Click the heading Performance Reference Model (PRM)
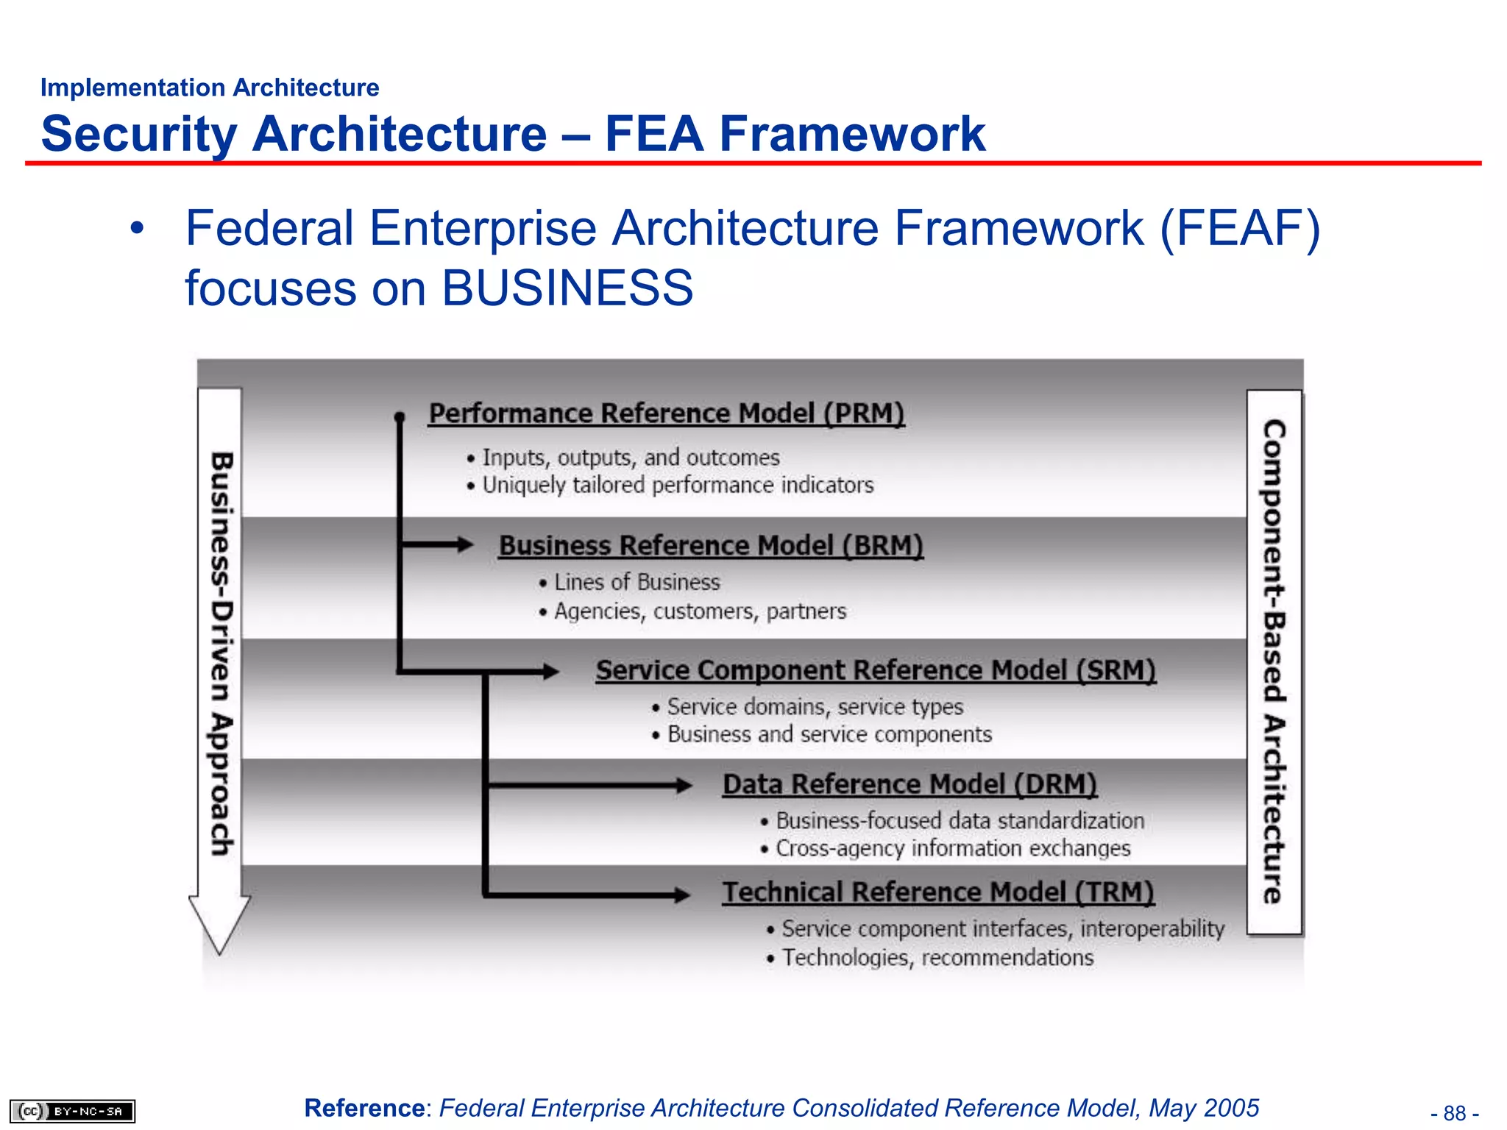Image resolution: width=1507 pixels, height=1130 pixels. pyautogui.click(x=666, y=413)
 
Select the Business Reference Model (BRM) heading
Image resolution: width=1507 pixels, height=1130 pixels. pyautogui.click(x=710, y=546)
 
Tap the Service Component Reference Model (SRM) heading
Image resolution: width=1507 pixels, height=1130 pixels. pyautogui.click(x=876, y=670)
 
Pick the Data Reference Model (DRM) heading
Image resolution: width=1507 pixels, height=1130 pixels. pyautogui.click(x=909, y=784)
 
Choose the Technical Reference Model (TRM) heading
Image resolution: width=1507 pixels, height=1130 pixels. pyautogui.click(x=937, y=892)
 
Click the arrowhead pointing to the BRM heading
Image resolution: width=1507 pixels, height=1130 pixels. pyautogui.click(x=465, y=544)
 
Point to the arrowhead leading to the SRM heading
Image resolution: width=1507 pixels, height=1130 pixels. pyautogui.click(x=550, y=671)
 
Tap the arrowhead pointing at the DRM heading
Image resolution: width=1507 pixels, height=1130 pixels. pyautogui.click(x=684, y=786)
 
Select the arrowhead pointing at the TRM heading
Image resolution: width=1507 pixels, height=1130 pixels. pyautogui.click(x=682, y=895)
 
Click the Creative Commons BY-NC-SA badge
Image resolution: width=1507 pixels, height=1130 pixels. pyautogui.click(x=72, y=1111)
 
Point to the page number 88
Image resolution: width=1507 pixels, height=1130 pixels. pyautogui.click(x=1455, y=1113)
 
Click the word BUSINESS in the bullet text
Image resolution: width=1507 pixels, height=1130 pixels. pyautogui.click(x=567, y=288)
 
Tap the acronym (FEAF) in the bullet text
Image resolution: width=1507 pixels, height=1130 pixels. pyautogui.click(x=1240, y=228)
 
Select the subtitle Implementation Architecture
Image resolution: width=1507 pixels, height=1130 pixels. pyautogui.click(x=210, y=88)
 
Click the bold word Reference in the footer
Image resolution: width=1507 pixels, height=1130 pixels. pyautogui.click(x=364, y=1108)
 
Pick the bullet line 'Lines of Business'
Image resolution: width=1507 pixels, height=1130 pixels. pyautogui.click(x=637, y=583)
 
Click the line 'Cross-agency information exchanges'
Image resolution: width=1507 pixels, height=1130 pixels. pyautogui.click(x=953, y=849)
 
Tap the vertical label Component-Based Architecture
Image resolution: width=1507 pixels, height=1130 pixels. pyautogui.click(x=1274, y=662)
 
